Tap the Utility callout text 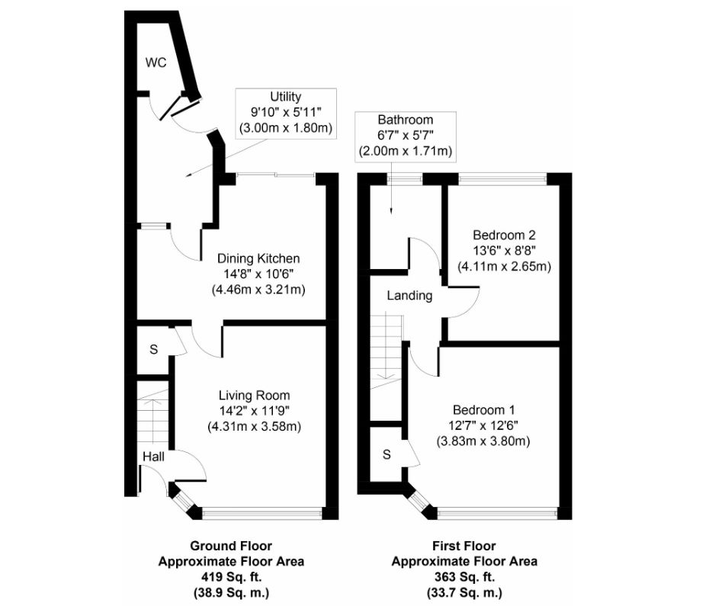[x=285, y=97]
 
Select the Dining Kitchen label [x=258, y=258]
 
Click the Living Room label [x=254, y=395]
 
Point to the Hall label [x=152, y=456]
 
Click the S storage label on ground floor [x=153, y=349]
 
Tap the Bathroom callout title [x=406, y=120]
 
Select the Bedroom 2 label [x=504, y=234]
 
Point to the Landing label [x=409, y=296]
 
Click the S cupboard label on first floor [x=386, y=455]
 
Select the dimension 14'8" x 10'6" [x=258, y=274]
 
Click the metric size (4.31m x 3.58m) [x=254, y=427]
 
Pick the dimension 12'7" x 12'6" [x=483, y=425]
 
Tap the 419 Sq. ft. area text [x=231, y=577]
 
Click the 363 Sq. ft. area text [x=464, y=577]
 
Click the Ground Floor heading [x=231, y=546]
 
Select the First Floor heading [x=464, y=546]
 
